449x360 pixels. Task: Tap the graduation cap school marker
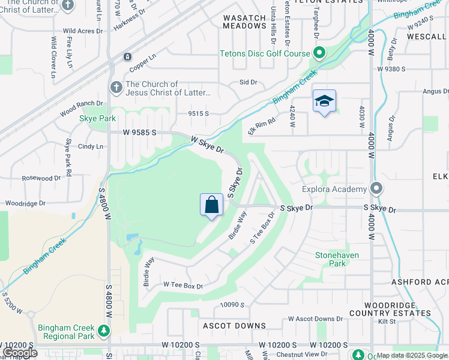[324, 101]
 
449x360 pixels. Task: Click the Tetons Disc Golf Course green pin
[319, 53]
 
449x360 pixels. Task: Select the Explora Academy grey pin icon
[376, 189]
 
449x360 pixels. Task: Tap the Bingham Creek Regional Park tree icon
[104, 330]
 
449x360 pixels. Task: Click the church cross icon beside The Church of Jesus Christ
[116, 88]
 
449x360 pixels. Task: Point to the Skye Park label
[97, 119]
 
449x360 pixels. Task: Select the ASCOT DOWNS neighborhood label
[234, 326]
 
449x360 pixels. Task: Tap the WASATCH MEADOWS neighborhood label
[244, 22]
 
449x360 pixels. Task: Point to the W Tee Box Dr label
[183, 286]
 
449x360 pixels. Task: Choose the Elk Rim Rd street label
[262, 124]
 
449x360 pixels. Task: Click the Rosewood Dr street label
[41, 178]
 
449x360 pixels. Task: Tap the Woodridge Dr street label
[25, 203]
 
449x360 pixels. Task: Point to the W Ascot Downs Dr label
[315, 319]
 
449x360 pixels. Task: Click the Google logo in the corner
[20, 353]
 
